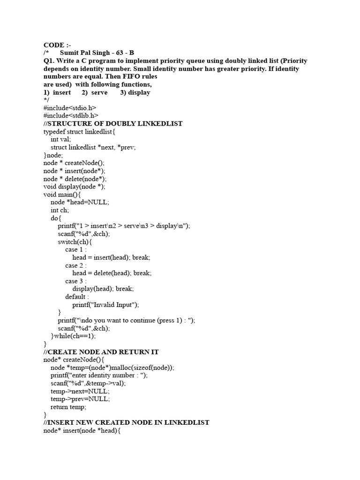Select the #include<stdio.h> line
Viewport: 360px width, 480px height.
[x=70, y=108]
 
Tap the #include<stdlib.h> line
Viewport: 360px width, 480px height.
[x=71, y=116]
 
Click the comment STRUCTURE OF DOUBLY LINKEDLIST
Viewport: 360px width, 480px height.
[x=113, y=124]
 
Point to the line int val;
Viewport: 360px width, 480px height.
[x=61, y=139]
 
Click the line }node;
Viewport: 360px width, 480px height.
[x=53, y=155]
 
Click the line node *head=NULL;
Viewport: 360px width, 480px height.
[x=80, y=202]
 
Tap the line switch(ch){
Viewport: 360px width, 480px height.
[x=75, y=241]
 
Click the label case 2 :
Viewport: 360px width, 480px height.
[x=76, y=265]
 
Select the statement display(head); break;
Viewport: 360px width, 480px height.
[x=103, y=289]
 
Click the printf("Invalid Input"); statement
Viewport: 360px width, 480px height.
[x=106, y=305]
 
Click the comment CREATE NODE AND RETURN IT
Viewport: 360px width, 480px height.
[x=101, y=352]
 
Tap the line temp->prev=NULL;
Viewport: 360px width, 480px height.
[x=80, y=399]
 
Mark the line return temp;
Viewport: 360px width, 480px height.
[x=68, y=407]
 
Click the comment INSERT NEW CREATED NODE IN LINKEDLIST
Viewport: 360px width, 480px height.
[x=126, y=422]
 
